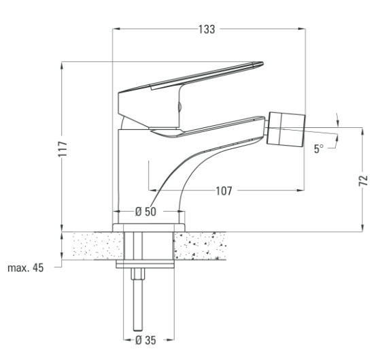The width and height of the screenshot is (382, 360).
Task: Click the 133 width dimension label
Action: click(x=207, y=29)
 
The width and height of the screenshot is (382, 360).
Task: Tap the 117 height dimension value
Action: click(x=63, y=149)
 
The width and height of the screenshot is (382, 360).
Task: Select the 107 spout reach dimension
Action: click(x=224, y=191)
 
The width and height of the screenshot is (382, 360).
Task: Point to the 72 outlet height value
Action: click(x=363, y=180)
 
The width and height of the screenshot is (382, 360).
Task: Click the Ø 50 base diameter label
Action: click(x=145, y=212)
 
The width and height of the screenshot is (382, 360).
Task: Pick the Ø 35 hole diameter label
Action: click(x=145, y=340)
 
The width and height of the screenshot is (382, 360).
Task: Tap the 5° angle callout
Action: click(x=319, y=149)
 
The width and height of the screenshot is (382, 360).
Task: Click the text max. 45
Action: click(x=26, y=268)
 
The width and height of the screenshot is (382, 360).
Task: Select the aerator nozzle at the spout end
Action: click(x=287, y=129)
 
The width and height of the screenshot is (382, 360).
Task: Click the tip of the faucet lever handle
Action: click(x=262, y=64)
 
